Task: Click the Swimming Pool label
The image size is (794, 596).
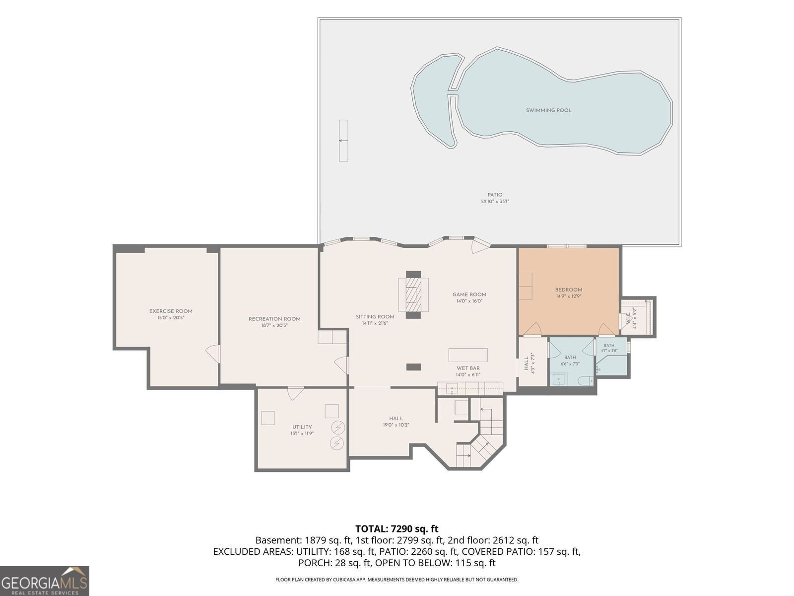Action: (548, 110)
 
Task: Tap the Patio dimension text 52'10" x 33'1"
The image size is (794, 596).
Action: (494, 202)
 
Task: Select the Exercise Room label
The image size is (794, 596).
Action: (171, 311)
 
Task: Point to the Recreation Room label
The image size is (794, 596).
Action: (274, 319)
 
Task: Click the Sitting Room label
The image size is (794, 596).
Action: (375, 317)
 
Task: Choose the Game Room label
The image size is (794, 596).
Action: (469, 295)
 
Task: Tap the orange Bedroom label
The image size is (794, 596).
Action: (568, 290)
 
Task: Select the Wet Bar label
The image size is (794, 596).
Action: (468, 369)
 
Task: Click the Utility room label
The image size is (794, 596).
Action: (302, 427)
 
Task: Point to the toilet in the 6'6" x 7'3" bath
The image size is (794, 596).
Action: (585, 380)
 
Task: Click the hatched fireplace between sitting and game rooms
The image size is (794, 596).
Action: (413, 295)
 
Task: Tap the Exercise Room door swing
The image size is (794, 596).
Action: (213, 354)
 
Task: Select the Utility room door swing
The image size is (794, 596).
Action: (295, 393)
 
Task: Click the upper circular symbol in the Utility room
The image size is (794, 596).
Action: (338, 428)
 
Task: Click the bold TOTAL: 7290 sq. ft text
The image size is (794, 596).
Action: (397, 529)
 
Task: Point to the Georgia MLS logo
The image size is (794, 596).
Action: (45, 581)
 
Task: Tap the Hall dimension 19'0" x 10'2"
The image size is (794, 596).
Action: (396, 425)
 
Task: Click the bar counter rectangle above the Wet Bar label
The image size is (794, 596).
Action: (468, 355)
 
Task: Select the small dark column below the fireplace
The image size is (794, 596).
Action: (413, 368)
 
